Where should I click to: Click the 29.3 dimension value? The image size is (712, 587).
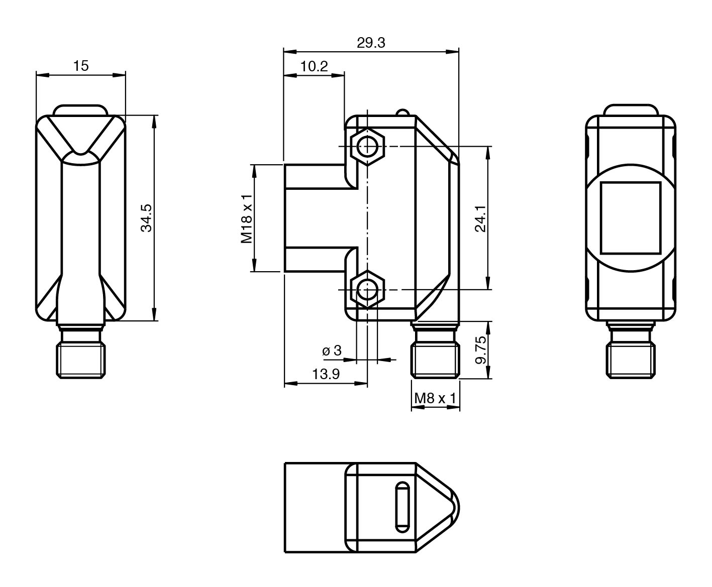click(371, 43)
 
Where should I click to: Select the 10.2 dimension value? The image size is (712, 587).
click(314, 66)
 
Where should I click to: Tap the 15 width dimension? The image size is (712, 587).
click(81, 66)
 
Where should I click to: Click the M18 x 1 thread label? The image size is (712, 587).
click(246, 218)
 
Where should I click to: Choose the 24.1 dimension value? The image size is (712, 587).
click(480, 218)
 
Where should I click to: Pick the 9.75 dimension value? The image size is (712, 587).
click(481, 350)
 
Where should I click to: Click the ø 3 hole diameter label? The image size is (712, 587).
click(332, 350)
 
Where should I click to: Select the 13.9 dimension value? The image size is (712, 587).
click(326, 374)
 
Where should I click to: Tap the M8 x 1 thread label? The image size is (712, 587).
click(435, 398)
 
